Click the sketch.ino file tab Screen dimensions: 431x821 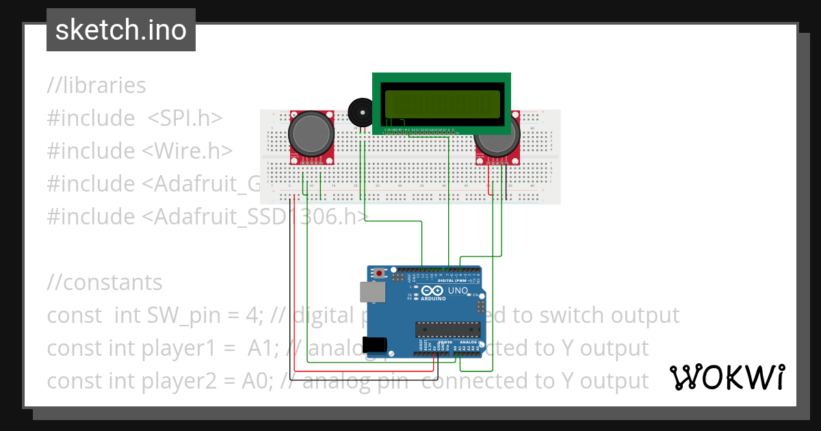coord(121,30)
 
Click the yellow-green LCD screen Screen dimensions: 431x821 coord(441,103)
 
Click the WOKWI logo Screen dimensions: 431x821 coord(727,377)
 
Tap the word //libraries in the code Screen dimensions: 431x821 coord(96,86)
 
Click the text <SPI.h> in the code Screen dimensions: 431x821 coord(185,118)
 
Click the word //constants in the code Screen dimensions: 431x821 coord(105,282)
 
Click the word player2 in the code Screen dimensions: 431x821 coord(200,380)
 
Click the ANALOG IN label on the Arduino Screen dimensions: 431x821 coord(469,342)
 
